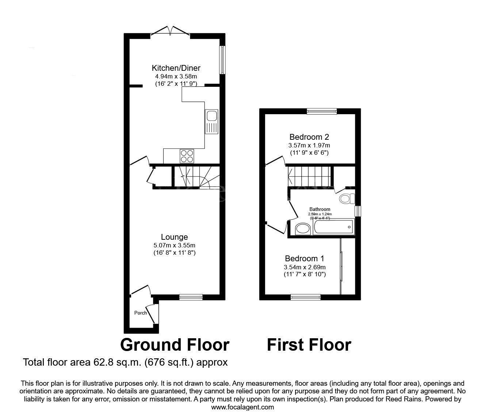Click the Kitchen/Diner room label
coord(176,68)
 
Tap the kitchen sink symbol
coord(211,122)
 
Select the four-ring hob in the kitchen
coord(187,156)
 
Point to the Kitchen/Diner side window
coord(222,60)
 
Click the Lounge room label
coord(174,237)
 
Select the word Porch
coord(140,313)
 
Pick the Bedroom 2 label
coord(309,137)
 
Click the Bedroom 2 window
coord(321,111)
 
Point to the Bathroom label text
coord(320,209)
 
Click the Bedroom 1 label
coord(305,258)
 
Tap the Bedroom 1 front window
coord(306,297)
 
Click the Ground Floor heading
coord(175,345)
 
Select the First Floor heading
coord(309,345)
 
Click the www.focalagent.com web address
coord(242,407)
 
